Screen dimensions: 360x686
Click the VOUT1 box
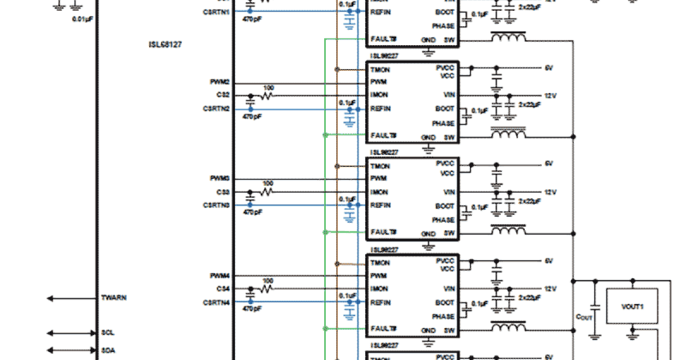click(632, 307)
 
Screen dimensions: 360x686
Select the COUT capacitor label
click(584, 316)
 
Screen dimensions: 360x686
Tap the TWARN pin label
click(114, 298)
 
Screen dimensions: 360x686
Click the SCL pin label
click(107, 333)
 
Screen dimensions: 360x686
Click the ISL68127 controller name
click(165, 44)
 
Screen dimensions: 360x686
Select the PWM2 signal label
click(220, 82)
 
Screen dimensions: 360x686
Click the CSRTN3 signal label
click(217, 205)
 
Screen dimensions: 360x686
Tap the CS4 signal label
click(223, 289)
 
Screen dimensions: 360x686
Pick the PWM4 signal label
click(220, 276)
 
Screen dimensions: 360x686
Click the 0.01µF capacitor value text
click(82, 19)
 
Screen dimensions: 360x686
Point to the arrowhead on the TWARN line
click(50, 298)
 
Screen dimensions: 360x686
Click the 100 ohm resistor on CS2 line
click(267, 96)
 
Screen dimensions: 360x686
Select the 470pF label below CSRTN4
click(252, 309)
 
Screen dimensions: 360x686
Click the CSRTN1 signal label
click(217, 11)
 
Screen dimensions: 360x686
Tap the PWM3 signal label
click(220, 179)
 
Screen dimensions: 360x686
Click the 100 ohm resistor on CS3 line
click(267, 193)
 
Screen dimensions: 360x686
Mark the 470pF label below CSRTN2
click(252, 116)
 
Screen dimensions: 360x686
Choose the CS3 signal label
click(223, 192)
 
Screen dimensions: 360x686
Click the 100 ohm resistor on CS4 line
click(267, 289)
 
